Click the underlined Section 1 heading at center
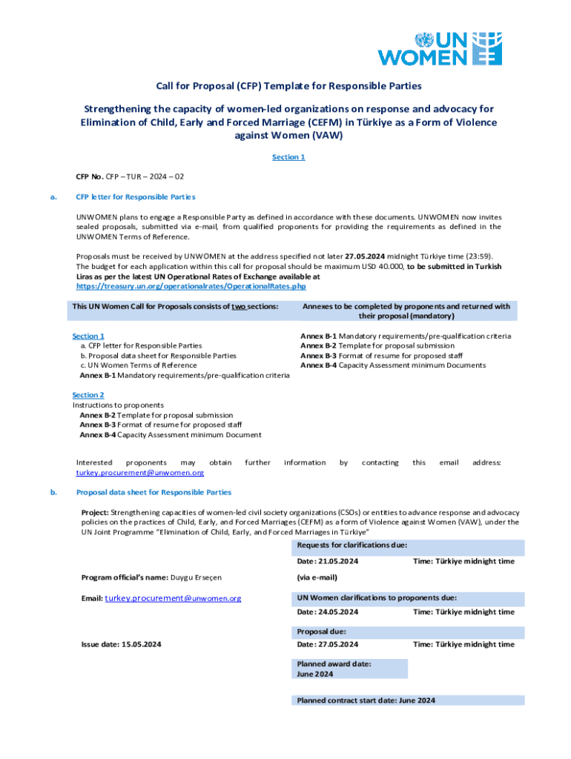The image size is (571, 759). click(288, 157)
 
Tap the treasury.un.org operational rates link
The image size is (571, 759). click(191, 286)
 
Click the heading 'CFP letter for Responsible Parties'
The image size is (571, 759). click(136, 197)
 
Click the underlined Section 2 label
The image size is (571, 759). click(88, 395)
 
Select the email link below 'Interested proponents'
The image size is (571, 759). click(140, 472)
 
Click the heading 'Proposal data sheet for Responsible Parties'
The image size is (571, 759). click(154, 492)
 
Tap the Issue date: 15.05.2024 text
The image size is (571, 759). click(121, 644)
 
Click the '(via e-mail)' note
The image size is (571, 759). click(317, 577)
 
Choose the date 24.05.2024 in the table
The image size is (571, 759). click(327, 612)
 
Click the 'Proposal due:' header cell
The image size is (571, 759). click(323, 632)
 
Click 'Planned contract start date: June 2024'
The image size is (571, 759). click(366, 700)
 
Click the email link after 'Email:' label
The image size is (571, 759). click(173, 598)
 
